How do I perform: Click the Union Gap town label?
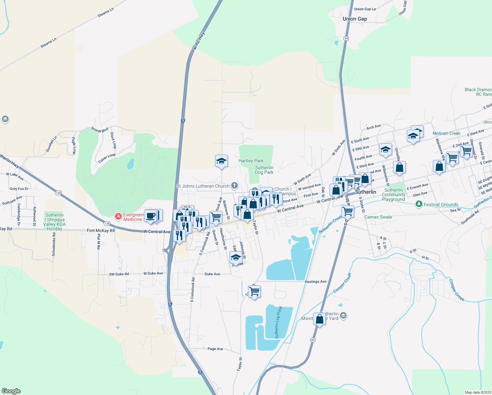point(355,19)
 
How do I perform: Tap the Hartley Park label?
point(251,161)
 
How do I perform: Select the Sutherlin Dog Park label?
point(264,170)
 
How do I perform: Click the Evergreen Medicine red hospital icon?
point(118,217)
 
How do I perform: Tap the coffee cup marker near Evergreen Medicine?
point(151,216)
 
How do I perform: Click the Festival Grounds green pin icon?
point(419,204)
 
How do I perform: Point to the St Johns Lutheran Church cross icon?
point(234,186)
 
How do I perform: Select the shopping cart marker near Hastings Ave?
point(254,291)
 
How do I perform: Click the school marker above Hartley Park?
point(221,161)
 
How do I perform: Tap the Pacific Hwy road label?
point(198,42)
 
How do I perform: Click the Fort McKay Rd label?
point(101,230)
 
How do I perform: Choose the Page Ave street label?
point(215,349)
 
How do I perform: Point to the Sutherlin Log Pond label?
point(278,322)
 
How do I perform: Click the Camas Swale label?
point(378,217)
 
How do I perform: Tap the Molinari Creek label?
point(446,133)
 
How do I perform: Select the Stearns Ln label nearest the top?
point(106,13)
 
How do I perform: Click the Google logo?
point(11,391)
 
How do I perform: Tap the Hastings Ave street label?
point(315,281)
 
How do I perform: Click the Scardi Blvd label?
point(100,130)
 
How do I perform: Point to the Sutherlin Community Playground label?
point(393,195)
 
